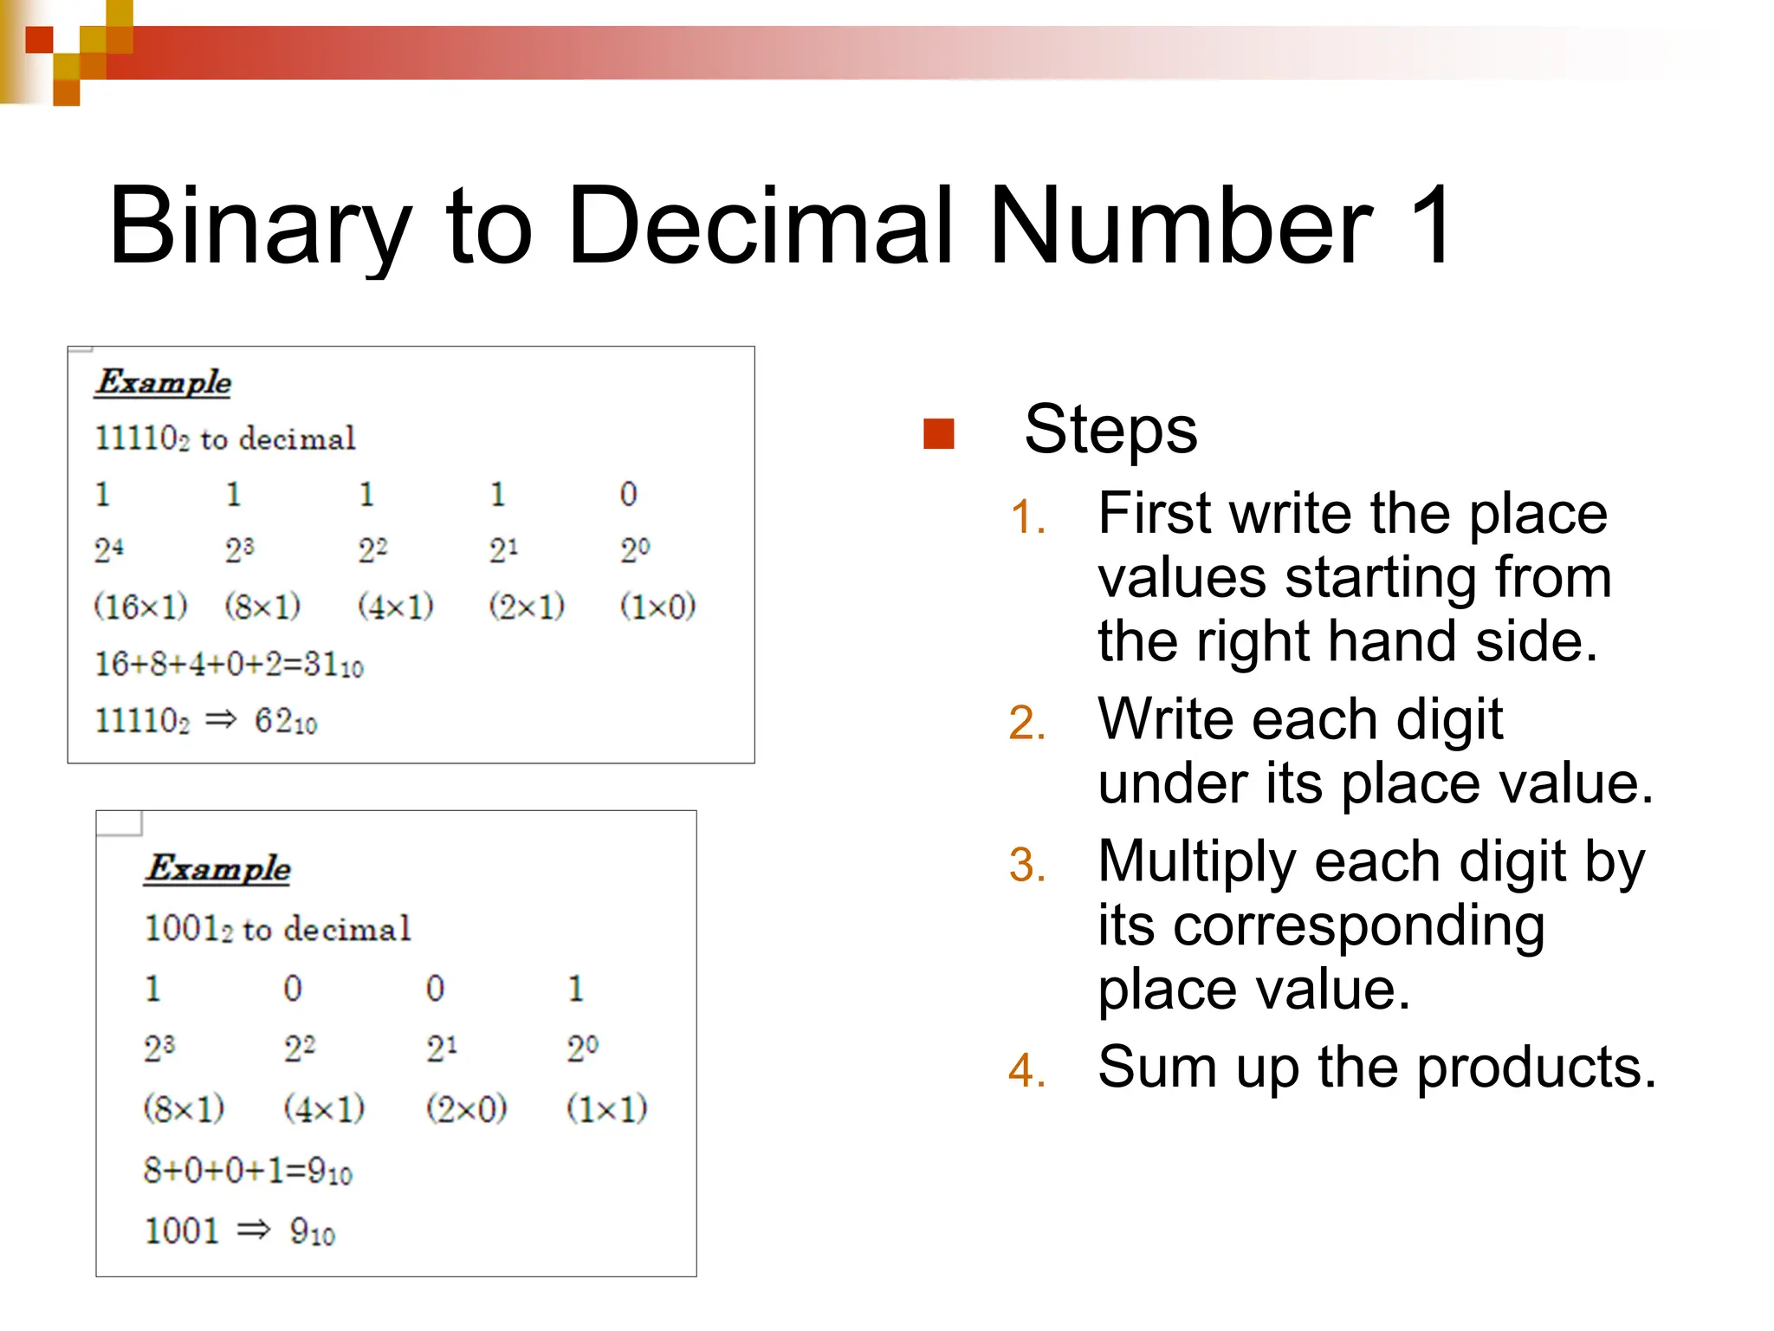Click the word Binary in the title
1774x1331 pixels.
tap(260, 227)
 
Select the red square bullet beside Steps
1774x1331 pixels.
tap(939, 433)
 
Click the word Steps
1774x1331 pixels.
tap(1110, 431)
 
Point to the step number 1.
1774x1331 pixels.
tap(1028, 518)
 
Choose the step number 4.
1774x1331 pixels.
tap(1027, 1070)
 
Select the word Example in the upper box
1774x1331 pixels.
tap(164, 382)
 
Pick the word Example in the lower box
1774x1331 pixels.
tap(218, 868)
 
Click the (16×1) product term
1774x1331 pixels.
tap(140, 606)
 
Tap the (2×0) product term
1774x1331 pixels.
tap(466, 1108)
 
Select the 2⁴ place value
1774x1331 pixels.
tap(109, 549)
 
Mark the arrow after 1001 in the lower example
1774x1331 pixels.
tap(254, 1230)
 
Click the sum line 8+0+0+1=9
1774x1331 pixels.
tap(248, 1171)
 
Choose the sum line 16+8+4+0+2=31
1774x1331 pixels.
tap(229, 665)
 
